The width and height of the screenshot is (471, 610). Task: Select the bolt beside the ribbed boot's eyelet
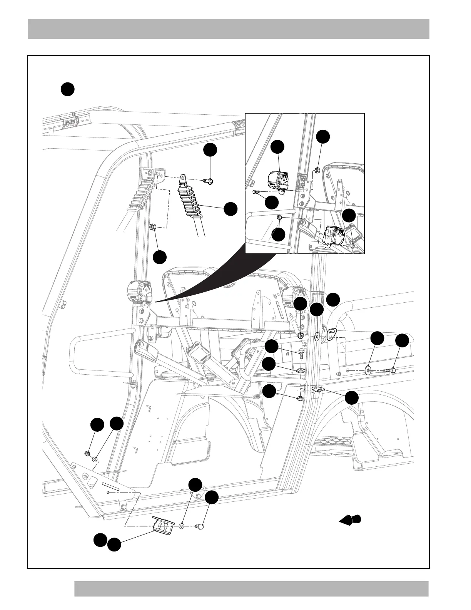click(209, 181)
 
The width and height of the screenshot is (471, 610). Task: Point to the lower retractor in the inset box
click(333, 236)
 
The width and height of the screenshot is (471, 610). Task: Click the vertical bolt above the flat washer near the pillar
click(301, 353)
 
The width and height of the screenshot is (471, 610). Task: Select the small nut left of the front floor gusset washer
click(87, 453)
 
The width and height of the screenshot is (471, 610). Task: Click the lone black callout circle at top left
click(67, 89)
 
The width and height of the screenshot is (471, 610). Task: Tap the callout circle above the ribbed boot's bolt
click(210, 150)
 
